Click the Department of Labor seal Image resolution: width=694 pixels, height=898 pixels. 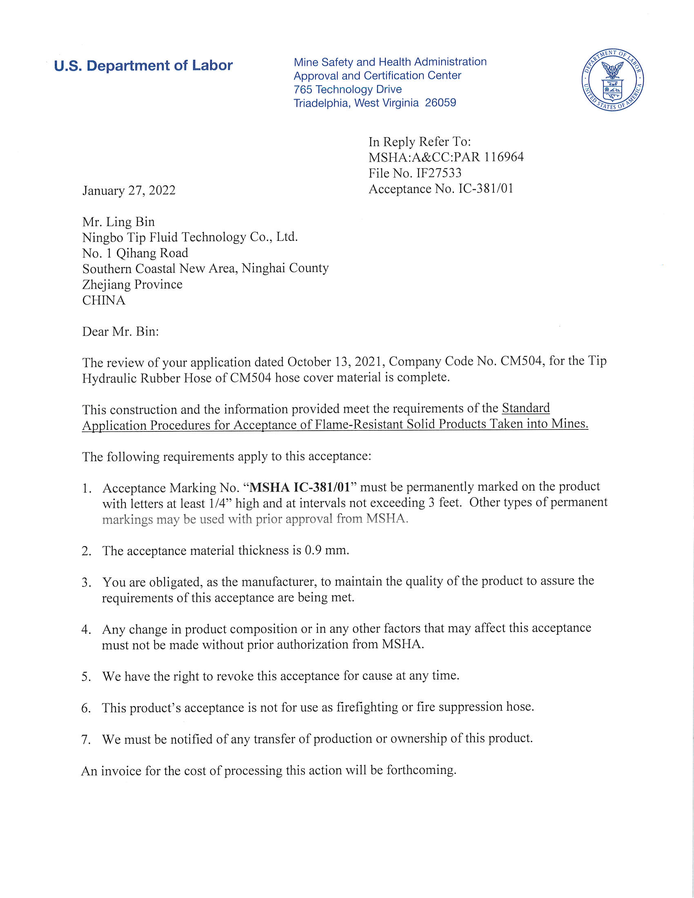tap(612, 80)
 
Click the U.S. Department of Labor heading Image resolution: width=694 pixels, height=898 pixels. tap(143, 66)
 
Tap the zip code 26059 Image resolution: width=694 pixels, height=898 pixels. tap(440, 103)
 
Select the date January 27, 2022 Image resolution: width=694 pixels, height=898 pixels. tap(129, 190)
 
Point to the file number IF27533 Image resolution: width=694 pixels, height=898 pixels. tap(439, 173)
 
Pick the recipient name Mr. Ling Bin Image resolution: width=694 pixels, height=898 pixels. tap(118, 222)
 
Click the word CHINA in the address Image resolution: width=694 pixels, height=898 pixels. tap(104, 300)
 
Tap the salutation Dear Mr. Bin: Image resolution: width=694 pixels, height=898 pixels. tap(120, 332)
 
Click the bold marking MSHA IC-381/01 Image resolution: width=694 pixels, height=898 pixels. tap(300, 488)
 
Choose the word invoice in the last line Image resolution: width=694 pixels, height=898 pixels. tap(121, 771)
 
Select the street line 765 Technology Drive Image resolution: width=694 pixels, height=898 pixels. tap(347, 89)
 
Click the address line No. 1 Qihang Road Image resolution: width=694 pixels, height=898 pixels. tap(135, 253)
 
